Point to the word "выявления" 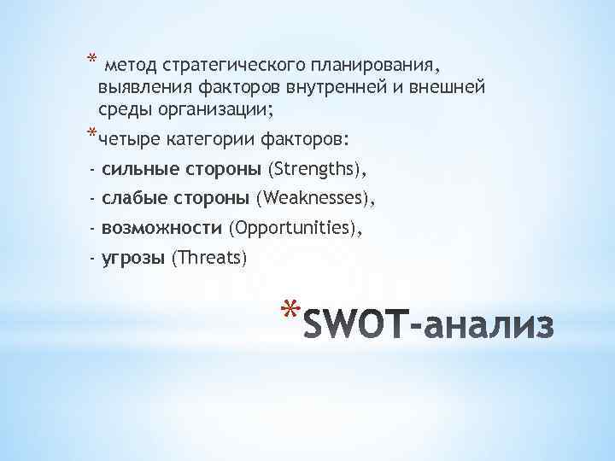click(137, 88)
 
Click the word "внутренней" click(331, 88)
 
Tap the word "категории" click(202, 138)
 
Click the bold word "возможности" click(161, 229)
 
